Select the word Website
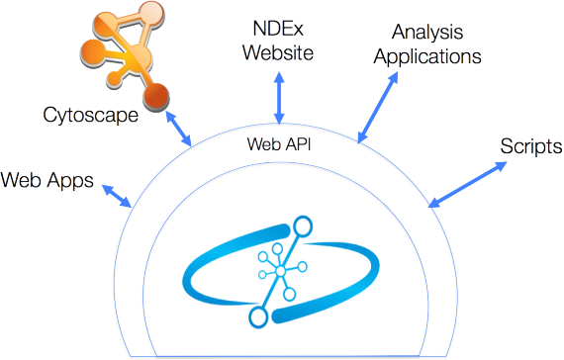click(278, 51)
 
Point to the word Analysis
click(425, 33)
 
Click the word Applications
click(425, 56)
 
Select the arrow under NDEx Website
click(279, 97)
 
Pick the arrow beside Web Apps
click(118, 196)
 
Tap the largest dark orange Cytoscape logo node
click(156, 96)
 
